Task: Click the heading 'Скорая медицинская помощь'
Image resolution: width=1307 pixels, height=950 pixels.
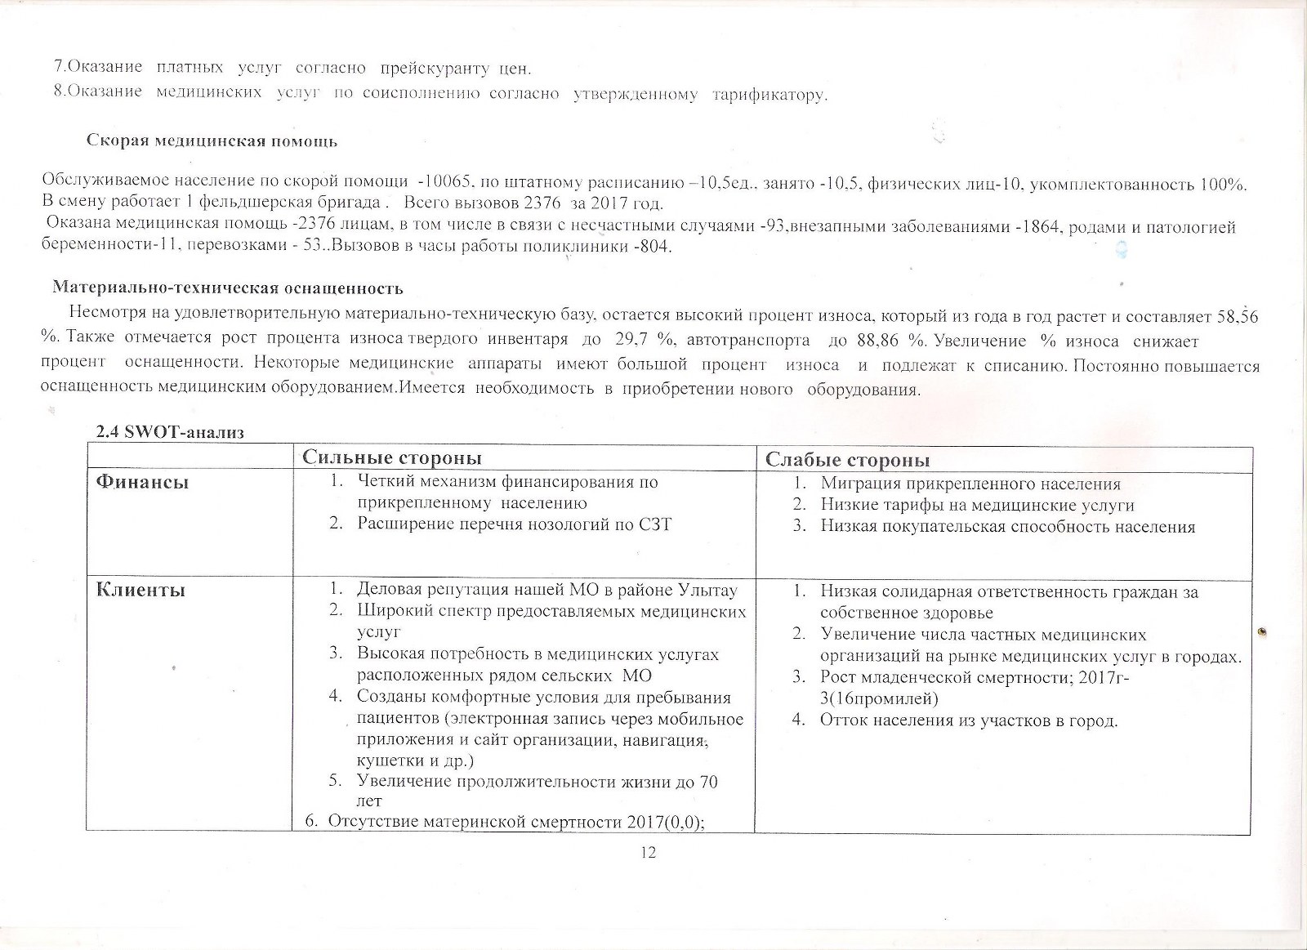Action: pyautogui.click(x=212, y=140)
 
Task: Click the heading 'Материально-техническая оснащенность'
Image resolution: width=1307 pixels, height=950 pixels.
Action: pyautogui.click(x=227, y=288)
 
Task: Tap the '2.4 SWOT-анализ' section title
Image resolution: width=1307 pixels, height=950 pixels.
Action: pyautogui.click(x=170, y=432)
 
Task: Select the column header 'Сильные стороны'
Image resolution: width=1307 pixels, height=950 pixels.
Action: pyautogui.click(x=391, y=458)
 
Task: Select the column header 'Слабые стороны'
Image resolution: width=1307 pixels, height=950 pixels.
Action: pyautogui.click(x=847, y=460)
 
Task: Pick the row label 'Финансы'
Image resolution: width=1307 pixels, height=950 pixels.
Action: pyautogui.click(x=142, y=482)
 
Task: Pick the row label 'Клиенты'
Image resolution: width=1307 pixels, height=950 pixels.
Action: pyautogui.click(x=141, y=590)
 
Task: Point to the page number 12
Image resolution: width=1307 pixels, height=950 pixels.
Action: pyautogui.click(x=649, y=853)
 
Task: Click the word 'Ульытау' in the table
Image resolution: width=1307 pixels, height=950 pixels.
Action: pyautogui.click(x=707, y=590)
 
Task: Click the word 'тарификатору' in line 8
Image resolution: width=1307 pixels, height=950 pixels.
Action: pyautogui.click(x=769, y=95)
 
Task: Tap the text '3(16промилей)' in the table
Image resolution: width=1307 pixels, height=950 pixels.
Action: pyautogui.click(x=879, y=699)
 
